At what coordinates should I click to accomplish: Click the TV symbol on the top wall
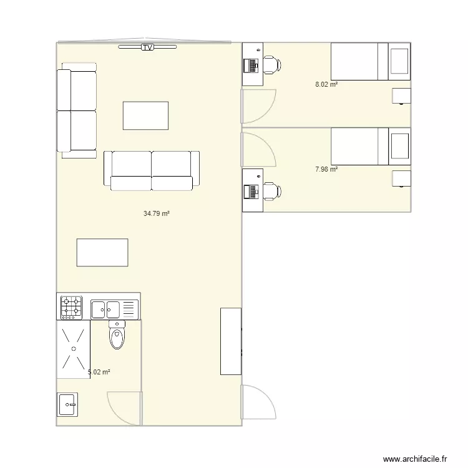point(147,47)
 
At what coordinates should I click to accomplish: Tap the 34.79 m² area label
point(157,213)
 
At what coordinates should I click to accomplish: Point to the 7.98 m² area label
point(326,169)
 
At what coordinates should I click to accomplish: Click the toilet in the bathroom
point(117,336)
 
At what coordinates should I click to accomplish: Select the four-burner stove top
point(71,308)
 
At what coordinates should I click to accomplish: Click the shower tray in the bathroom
point(74,349)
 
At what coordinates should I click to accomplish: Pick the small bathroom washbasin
point(67,404)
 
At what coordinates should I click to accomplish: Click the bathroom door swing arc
point(124,408)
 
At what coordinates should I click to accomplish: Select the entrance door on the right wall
point(257,402)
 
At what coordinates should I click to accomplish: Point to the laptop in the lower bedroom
point(252,191)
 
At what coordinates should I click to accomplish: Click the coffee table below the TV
point(145,115)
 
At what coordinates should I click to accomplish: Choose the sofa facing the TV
point(152,170)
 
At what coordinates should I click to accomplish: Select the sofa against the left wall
point(77,110)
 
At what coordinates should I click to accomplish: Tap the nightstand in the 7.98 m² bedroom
point(401,178)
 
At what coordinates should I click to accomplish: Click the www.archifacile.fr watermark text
point(415,459)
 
